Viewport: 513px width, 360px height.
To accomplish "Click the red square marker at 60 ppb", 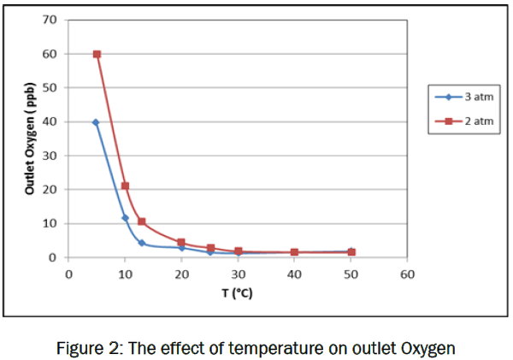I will pyautogui.click(x=97, y=54).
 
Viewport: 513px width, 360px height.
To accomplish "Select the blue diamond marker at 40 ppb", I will pyautogui.click(x=96, y=122).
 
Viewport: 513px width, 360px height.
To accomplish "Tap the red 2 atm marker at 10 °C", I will pyautogui.click(x=125, y=186).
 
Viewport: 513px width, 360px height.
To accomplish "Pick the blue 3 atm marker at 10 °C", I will pyautogui.click(x=125, y=218).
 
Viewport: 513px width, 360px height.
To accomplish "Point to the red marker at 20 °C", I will pyautogui.click(x=181, y=242).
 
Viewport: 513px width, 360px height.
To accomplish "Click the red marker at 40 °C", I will pyautogui.click(x=294, y=252).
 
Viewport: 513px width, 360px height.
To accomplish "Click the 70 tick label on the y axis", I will pyautogui.click(x=50, y=20).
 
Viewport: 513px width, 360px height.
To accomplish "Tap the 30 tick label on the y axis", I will pyautogui.click(x=50, y=156).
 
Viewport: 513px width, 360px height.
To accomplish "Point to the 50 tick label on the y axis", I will pyautogui.click(x=50, y=87).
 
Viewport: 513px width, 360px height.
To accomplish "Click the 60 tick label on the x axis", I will pyautogui.click(x=407, y=274).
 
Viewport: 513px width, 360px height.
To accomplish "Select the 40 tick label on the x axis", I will pyautogui.click(x=294, y=274).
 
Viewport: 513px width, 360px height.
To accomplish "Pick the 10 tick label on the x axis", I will pyautogui.click(x=125, y=274).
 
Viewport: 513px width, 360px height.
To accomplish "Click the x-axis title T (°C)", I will pyautogui.click(x=235, y=292).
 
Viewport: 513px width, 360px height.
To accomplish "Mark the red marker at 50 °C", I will pyautogui.click(x=351, y=252).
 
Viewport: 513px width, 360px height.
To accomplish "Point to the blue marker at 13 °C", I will pyautogui.click(x=142, y=243).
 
